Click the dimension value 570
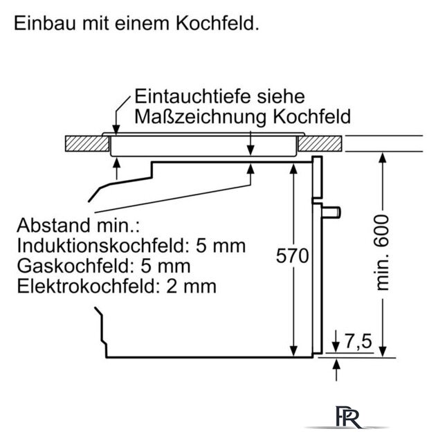tap(292, 256)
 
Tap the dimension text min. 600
tap(382, 252)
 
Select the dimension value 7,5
tap(358, 341)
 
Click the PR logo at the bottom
tap(348, 417)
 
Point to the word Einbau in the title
tap(45, 23)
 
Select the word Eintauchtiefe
tap(192, 96)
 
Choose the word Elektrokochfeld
tap(86, 286)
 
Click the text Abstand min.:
tap(78, 225)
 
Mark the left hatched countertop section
tap(87, 143)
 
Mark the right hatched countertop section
tap(320, 143)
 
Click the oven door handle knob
tap(331, 213)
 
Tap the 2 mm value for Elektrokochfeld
tap(191, 286)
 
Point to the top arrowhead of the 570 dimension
tap(293, 169)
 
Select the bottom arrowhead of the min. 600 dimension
tap(383, 352)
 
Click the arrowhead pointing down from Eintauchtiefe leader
tap(116, 129)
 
